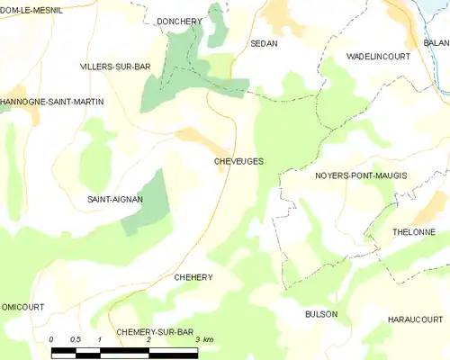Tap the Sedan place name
264,43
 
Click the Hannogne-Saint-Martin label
51,102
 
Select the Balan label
436,42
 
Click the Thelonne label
413,231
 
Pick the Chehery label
193,277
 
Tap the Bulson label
321,314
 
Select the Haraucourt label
415,319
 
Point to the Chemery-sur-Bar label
155,332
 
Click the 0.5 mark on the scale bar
76,339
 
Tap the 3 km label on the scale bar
203,339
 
